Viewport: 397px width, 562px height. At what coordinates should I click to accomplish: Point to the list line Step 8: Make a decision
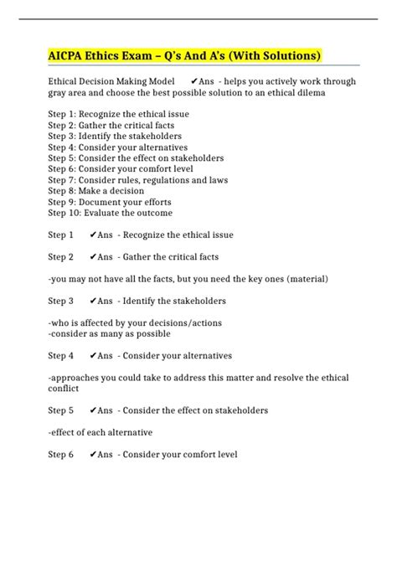pos(95,191)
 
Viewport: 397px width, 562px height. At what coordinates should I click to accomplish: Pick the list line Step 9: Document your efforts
pos(110,202)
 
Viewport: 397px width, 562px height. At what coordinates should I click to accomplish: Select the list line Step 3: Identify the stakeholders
pos(115,136)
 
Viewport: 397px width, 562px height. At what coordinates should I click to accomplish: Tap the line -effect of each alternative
pos(100,432)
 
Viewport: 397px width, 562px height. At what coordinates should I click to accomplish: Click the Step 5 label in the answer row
pos(60,410)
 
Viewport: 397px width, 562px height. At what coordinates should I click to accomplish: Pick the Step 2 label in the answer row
pos(60,256)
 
